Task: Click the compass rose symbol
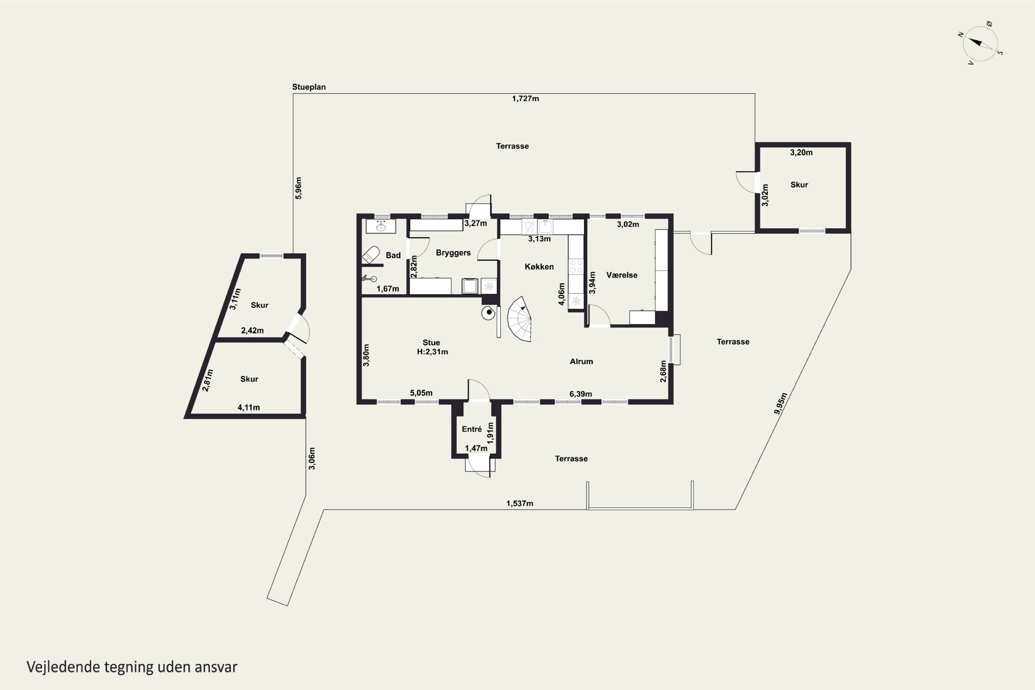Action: pos(980,43)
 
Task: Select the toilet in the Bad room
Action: pos(371,255)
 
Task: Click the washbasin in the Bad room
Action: pos(381,226)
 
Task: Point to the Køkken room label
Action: pos(539,267)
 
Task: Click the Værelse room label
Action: pos(622,275)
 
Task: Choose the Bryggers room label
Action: pos(453,253)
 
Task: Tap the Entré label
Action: pos(472,429)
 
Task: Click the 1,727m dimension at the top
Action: pos(525,99)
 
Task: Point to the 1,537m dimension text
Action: pos(520,503)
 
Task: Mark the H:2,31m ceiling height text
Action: pos(433,352)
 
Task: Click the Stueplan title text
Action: pos(309,87)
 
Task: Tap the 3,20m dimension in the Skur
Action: pos(801,153)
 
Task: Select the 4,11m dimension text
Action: pos(249,407)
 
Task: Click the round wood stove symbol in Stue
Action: pos(489,313)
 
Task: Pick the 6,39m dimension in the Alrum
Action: pos(580,394)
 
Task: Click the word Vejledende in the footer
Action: pos(63,667)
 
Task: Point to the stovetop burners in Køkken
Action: pos(576,267)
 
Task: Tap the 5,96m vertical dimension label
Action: pos(298,188)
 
